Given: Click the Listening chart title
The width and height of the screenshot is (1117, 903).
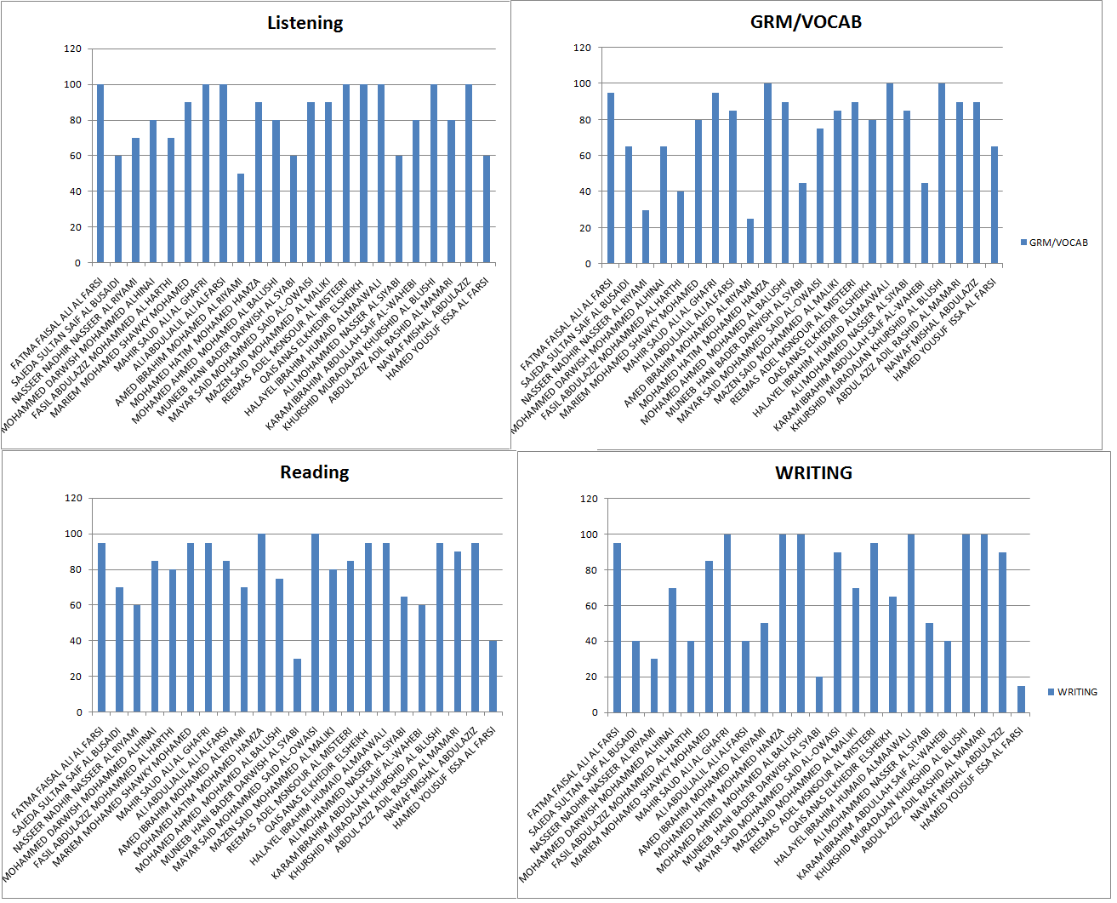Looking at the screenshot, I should click(305, 23).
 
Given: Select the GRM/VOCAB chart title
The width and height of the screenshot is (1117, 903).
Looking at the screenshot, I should click(806, 22).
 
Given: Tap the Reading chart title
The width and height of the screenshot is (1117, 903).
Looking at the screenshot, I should click(314, 472).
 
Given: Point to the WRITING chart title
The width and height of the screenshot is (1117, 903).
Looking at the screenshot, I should click(813, 473).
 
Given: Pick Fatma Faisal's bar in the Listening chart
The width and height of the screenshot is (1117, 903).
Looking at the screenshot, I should click(100, 174).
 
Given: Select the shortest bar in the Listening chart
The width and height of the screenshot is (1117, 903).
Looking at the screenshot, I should click(241, 218).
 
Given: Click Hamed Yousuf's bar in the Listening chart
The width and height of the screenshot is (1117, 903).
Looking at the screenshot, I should click(487, 209).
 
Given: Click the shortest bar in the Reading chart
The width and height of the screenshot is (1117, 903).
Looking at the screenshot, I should click(297, 685).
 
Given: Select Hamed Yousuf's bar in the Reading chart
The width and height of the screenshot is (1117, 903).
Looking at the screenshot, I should click(493, 677).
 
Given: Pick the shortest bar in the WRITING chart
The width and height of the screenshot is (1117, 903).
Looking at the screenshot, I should click(1021, 699).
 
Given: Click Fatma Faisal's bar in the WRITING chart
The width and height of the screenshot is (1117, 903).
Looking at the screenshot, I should click(617, 627).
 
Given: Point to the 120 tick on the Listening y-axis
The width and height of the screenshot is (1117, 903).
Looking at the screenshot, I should click(72, 49).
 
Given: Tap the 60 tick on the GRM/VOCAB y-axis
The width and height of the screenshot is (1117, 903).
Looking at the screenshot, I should click(583, 156).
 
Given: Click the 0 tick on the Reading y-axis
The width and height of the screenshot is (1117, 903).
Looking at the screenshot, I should click(79, 712).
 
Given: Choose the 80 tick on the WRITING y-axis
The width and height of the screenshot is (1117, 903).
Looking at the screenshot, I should click(589, 570).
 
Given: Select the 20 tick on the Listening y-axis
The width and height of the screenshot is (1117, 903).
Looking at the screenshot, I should click(75, 227).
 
